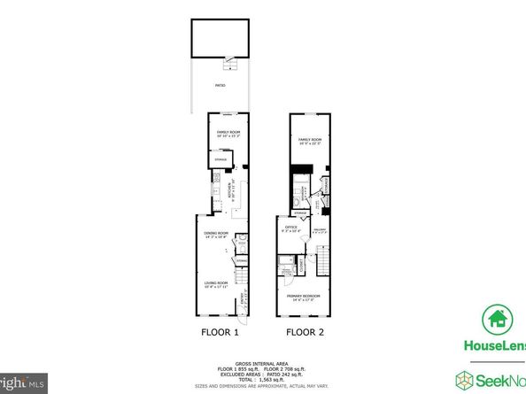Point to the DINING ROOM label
(215, 233)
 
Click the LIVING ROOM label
(216, 283)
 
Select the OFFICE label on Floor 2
(291, 229)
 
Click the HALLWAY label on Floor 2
(320, 229)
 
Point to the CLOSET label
(302, 263)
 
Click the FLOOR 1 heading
(217, 334)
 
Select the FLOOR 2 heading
(303, 334)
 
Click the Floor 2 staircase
(325, 262)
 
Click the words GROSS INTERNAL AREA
(263, 362)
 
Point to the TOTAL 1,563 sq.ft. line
(263, 379)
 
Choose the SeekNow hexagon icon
(465, 381)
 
